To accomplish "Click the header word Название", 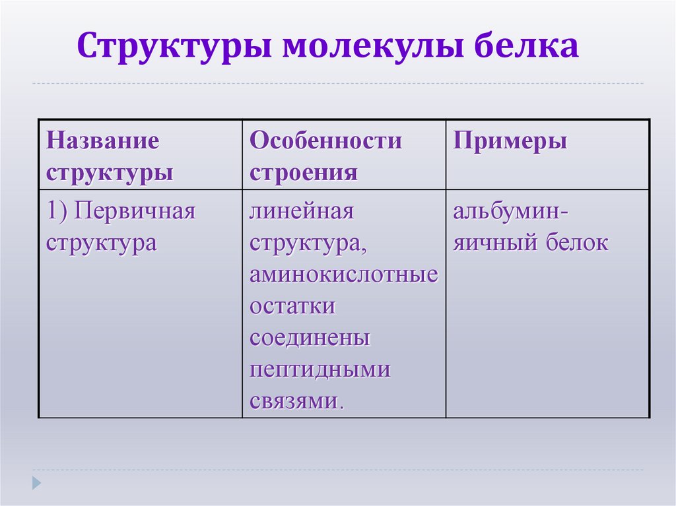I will (x=102, y=141).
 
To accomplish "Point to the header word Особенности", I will (x=325, y=141).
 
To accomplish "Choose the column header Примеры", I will (x=510, y=141).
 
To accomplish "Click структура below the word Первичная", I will (x=101, y=243).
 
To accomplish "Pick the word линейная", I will (x=302, y=212).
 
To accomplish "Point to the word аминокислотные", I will (x=343, y=275).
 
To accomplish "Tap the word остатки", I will (x=292, y=307).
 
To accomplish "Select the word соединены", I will (x=310, y=338).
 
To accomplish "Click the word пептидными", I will (x=320, y=370).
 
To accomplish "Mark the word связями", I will (x=297, y=401).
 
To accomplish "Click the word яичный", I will (x=495, y=243).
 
